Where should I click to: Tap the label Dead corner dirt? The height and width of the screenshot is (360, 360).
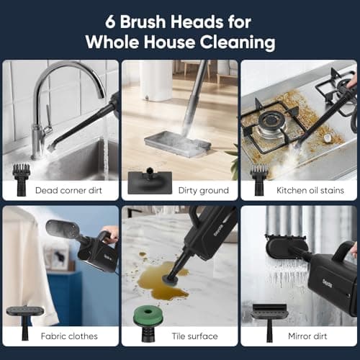(70, 190)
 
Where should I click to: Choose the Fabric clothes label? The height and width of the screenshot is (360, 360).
(70, 336)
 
